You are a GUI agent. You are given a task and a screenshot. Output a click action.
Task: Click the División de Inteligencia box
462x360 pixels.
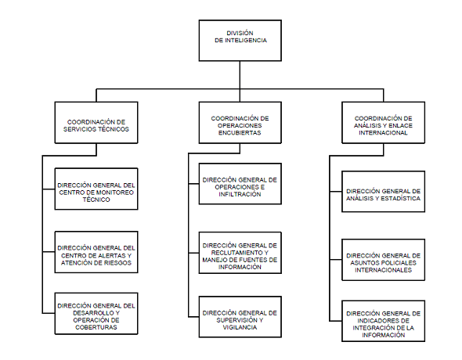coord(240,41)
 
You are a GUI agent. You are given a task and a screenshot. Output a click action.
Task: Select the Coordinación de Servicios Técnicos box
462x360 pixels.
coord(96,123)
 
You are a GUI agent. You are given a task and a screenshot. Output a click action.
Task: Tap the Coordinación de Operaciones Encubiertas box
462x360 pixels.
coord(240,123)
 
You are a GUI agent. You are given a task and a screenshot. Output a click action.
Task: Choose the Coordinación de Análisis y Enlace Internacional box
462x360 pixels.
coord(384,123)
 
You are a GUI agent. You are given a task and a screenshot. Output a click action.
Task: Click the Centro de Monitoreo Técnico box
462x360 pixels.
coord(96,189)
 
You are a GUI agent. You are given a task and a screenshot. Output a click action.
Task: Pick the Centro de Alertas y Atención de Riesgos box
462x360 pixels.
coord(96,252)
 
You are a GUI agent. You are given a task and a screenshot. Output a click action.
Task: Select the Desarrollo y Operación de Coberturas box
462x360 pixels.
coord(96,314)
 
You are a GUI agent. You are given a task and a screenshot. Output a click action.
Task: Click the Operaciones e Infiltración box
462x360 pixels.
coord(240,184)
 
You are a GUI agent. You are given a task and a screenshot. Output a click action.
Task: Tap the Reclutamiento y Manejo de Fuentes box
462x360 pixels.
coord(240,253)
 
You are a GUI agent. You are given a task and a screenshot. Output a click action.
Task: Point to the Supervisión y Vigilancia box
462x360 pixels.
coord(240,317)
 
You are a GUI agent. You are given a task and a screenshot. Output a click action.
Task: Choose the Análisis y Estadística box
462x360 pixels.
coord(384,192)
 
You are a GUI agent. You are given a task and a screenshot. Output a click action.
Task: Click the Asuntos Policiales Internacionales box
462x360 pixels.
coord(384,260)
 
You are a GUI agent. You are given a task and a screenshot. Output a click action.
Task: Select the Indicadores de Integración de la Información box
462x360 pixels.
coord(384,321)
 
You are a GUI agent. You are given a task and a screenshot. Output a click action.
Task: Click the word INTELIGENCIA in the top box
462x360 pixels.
coord(246,41)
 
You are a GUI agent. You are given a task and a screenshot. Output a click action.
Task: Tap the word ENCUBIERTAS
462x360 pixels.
coord(240,133)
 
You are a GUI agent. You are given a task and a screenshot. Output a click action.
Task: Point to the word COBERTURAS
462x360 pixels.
coord(96,327)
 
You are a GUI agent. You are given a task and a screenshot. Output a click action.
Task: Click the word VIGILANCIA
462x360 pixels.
coord(240,327)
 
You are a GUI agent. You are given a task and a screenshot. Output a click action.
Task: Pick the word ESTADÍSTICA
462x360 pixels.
coord(400,199)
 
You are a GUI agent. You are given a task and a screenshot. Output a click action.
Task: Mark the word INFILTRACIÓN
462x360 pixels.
coord(240,194)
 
